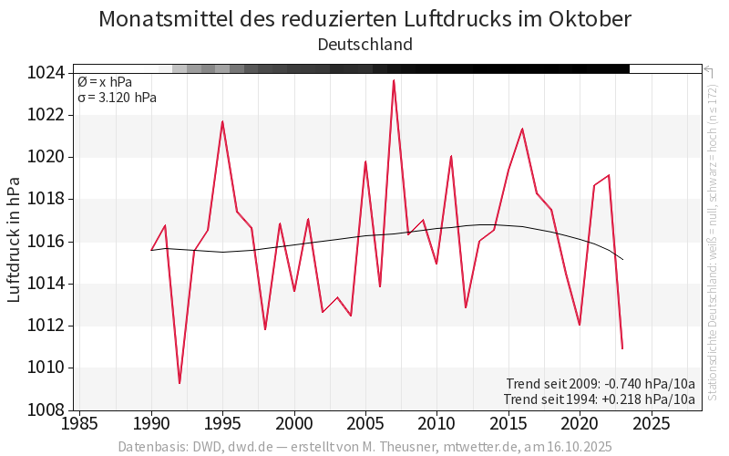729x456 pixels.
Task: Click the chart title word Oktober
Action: point(584,19)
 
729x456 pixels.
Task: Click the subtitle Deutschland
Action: point(364,44)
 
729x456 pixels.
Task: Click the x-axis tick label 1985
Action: point(80,424)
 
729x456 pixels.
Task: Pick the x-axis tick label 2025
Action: point(651,424)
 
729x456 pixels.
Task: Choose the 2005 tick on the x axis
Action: point(365,424)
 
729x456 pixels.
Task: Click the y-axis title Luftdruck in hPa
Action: point(15,242)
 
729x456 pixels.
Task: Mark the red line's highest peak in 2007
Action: point(394,80)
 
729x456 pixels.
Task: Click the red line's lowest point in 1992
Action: point(180,383)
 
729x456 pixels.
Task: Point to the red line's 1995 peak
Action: point(222,121)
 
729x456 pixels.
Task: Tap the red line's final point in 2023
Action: point(622,348)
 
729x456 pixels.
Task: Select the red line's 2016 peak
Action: point(522,129)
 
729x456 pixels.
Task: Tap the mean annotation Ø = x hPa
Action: point(105,82)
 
